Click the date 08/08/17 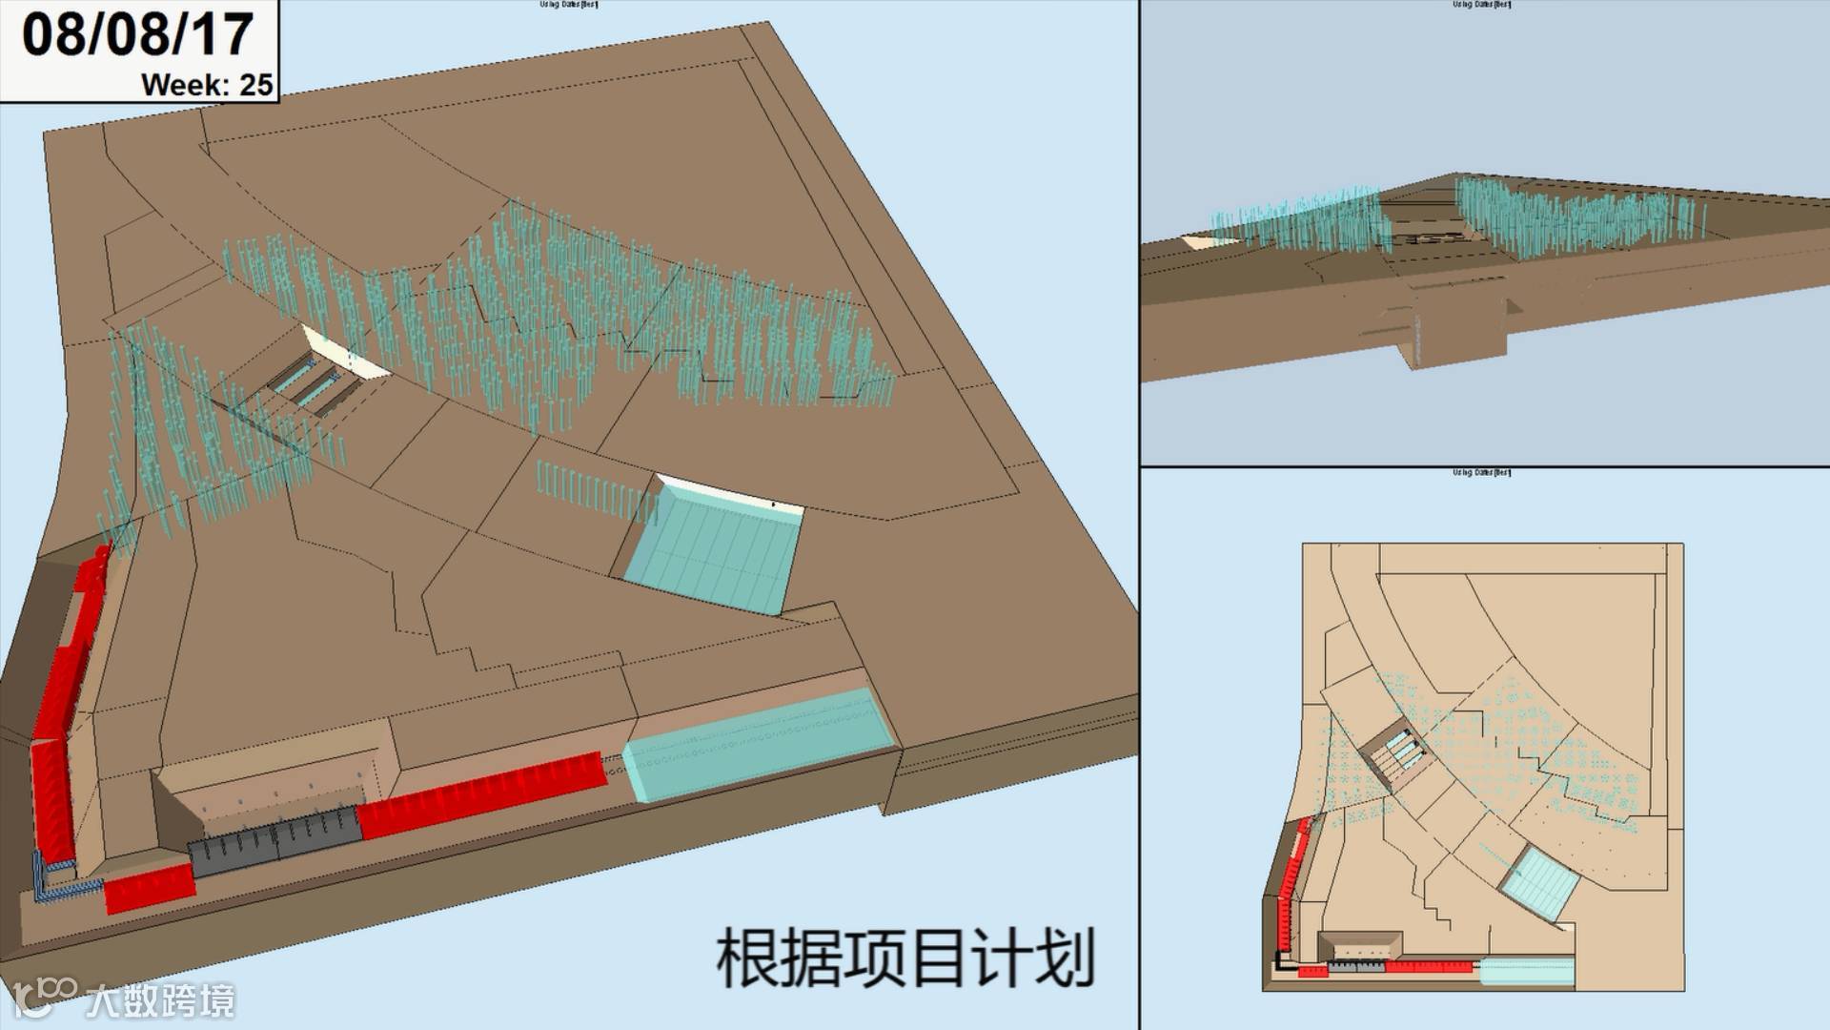[137, 34]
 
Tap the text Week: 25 [207, 85]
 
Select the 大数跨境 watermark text [159, 1000]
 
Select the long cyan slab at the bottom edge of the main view [758, 744]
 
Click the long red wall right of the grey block [481, 796]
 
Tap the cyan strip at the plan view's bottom [1525, 972]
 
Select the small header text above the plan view [1481, 472]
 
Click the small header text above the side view [1481, 5]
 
